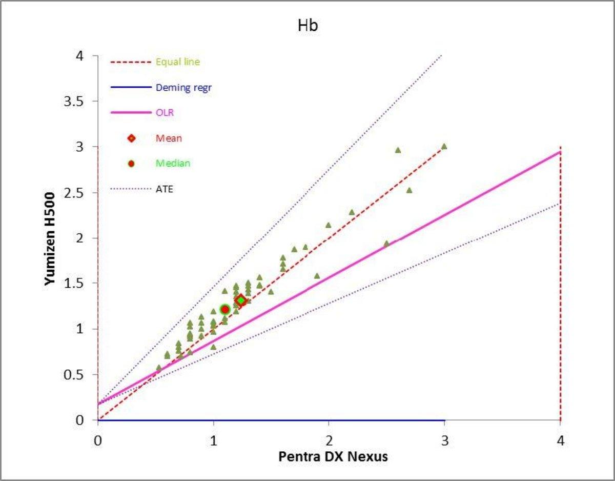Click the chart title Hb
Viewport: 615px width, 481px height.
point(307,26)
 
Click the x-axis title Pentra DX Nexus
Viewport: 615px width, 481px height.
point(333,456)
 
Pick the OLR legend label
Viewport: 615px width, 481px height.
point(165,112)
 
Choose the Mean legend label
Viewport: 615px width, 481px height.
point(169,138)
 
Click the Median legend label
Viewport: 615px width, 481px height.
point(173,164)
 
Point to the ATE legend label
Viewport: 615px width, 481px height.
point(165,189)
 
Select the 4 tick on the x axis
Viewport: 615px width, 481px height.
point(560,440)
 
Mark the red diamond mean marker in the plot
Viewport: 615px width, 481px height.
point(240,300)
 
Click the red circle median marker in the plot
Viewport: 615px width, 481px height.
point(224,309)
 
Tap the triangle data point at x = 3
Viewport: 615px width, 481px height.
point(444,146)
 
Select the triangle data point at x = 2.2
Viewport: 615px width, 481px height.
point(352,212)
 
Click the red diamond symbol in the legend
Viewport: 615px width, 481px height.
point(131,138)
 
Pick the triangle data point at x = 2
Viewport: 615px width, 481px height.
point(328,225)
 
